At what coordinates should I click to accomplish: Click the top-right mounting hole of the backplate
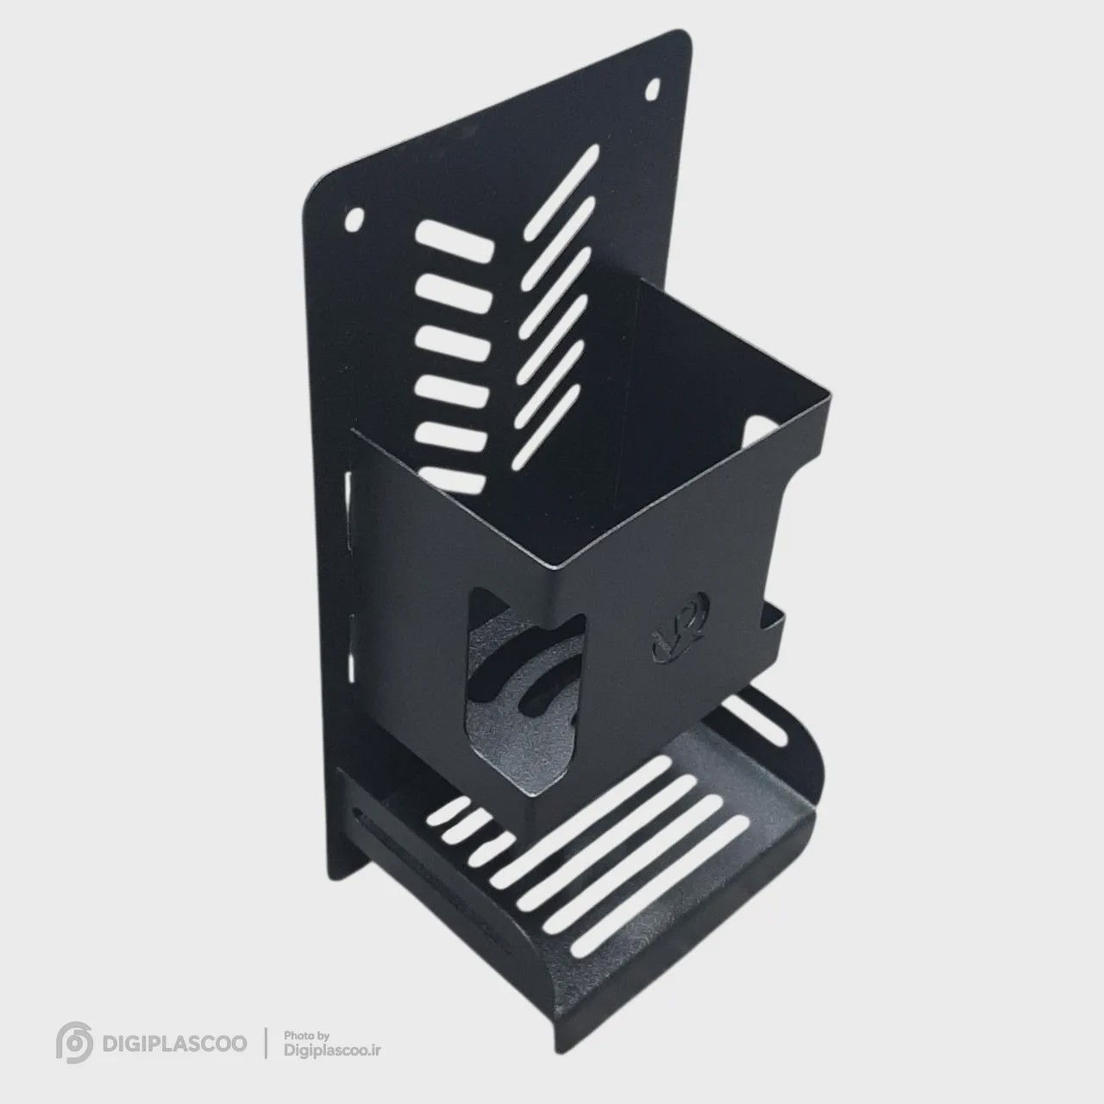tap(653, 90)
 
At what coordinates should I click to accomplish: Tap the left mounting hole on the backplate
tap(355, 218)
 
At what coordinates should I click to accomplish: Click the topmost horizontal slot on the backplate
tap(455, 242)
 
